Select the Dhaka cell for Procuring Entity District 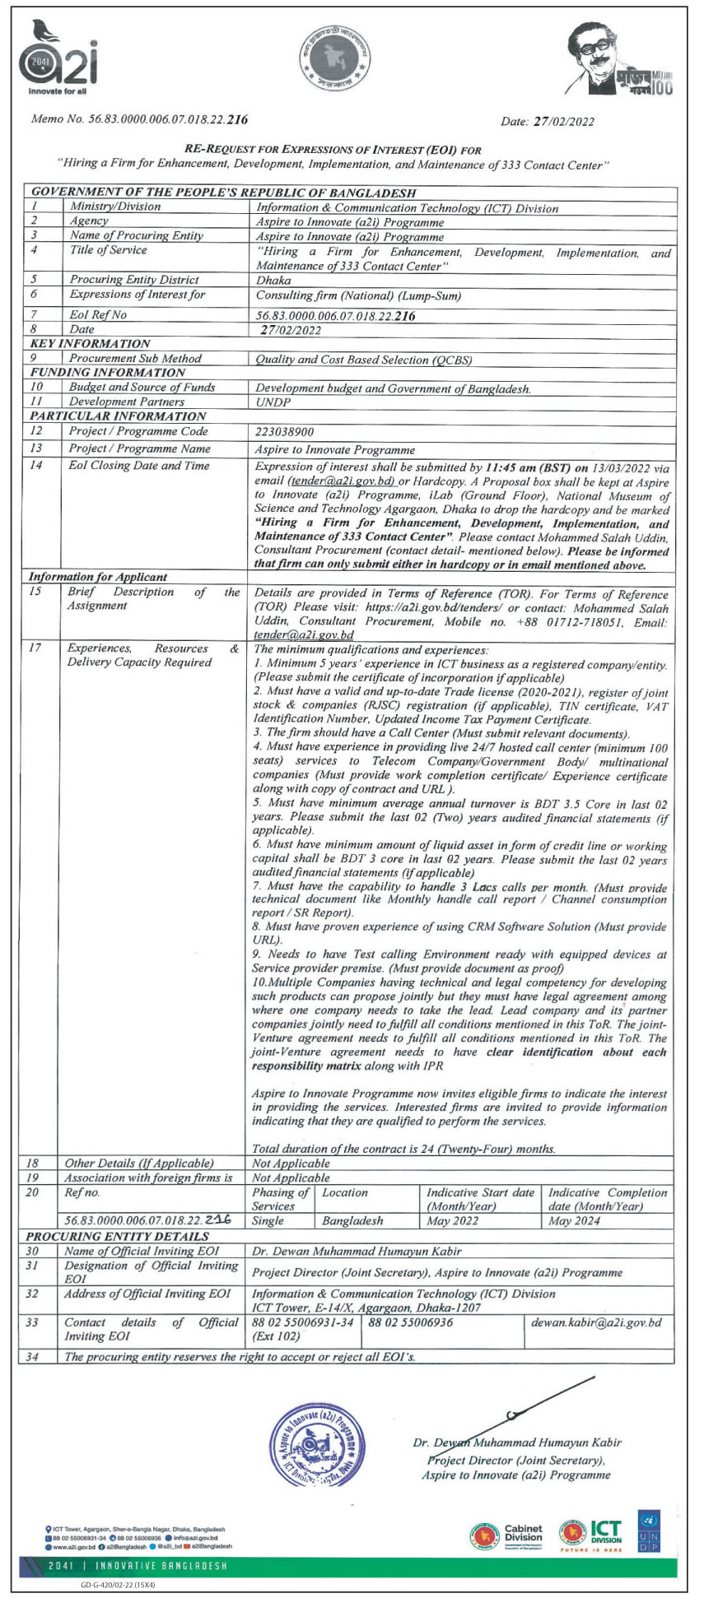[273, 280]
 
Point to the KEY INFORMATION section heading [90, 343]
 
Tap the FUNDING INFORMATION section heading [105, 372]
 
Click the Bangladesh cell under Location [352, 1220]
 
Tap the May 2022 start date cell [452, 1220]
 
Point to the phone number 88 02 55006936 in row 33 [411, 1322]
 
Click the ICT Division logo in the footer [591, 1532]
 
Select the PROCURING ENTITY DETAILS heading [117, 1236]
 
